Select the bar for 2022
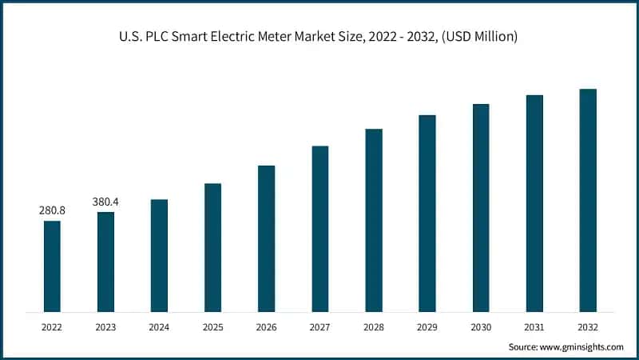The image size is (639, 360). click(52, 266)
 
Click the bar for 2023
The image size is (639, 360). click(105, 262)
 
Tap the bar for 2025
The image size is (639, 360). click(212, 247)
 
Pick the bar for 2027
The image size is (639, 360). click(319, 229)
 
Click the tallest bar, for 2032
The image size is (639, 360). click(588, 200)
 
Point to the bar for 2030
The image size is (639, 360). click(481, 207)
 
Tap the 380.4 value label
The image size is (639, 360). click(105, 202)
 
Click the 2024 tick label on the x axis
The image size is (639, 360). click(159, 326)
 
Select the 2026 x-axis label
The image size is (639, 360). click(266, 326)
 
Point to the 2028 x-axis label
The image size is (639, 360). click(374, 326)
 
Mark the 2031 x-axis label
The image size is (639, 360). click(534, 326)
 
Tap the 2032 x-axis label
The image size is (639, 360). click(588, 326)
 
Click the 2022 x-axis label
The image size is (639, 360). click(52, 326)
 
